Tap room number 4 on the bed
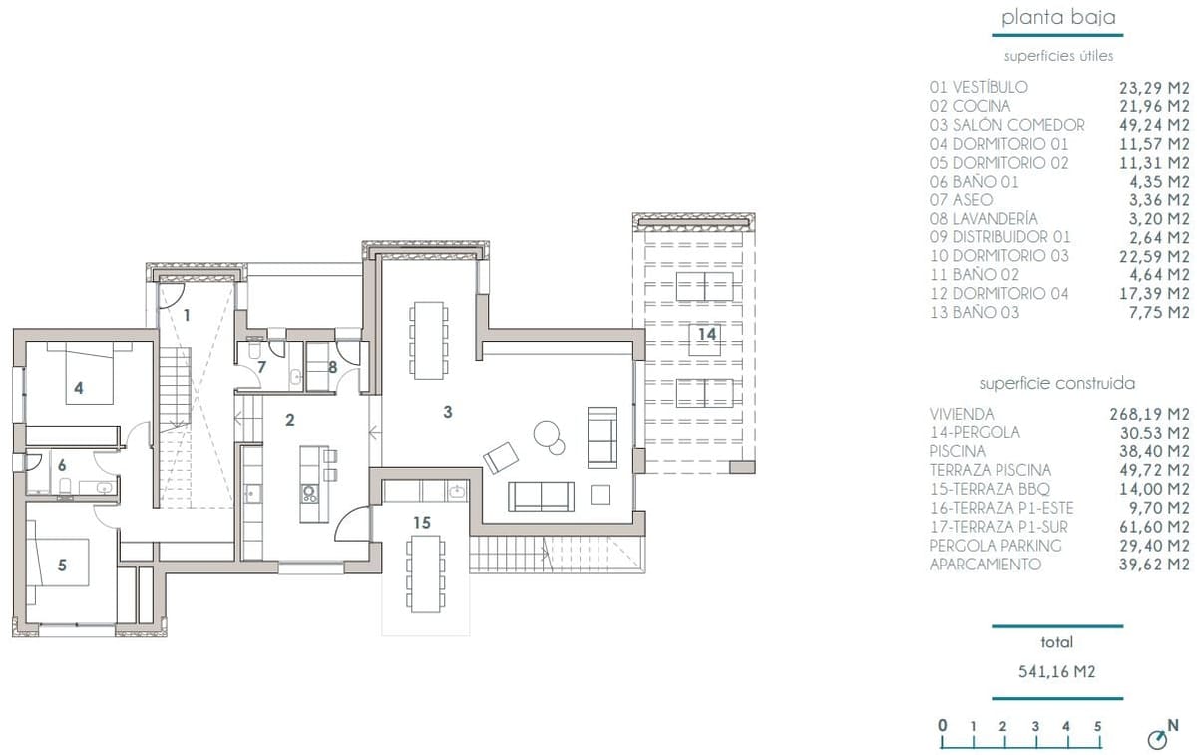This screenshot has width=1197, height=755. pyautogui.click(x=78, y=386)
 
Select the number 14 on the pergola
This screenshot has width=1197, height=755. pyautogui.click(x=707, y=334)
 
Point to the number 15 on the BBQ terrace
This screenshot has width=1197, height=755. pyautogui.click(x=421, y=522)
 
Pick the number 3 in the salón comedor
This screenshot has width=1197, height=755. pyautogui.click(x=448, y=411)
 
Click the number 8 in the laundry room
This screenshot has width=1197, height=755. pyautogui.click(x=333, y=367)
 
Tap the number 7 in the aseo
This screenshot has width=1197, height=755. pyautogui.click(x=261, y=367)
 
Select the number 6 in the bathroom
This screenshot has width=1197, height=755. pyautogui.click(x=61, y=465)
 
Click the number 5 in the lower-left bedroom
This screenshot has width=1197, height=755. pyautogui.click(x=62, y=566)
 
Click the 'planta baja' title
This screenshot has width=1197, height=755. pyautogui.click(x=1058, y=17)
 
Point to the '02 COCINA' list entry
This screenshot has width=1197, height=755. pyautogui.click(x=970, y=106)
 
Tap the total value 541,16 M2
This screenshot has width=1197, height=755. pyautogui.click(x=1056, y=672)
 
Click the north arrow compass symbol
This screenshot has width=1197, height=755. pyautogui.click(x=1158, y=738)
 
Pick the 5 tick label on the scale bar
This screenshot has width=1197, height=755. pyautogui.click(x=1097, y=726)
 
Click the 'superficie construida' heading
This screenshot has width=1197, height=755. pyautogui.click(x=1056, y=383)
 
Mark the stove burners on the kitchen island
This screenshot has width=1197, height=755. pyautogui.click(x=309, y=491)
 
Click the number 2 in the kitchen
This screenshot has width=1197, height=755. pyautogui.click(x=289, y=420)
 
